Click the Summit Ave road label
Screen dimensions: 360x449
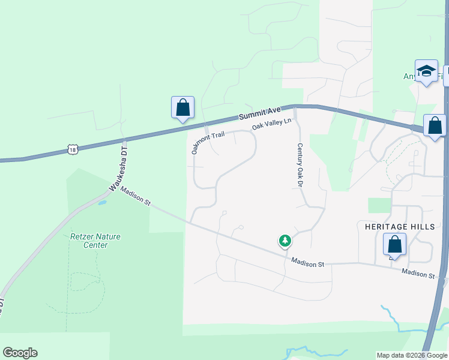click(x=259, y=112)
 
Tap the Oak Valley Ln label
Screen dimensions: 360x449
click(x=271, y=124)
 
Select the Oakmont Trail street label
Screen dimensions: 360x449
click(x=208, y=143)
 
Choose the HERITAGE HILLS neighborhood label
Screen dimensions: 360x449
click(x=399, y=227)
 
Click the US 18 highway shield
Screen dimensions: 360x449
click(x=73, y=149)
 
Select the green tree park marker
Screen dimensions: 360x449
click(x=285, y=241)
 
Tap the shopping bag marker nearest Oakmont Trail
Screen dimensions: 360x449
click(x=183, y=108)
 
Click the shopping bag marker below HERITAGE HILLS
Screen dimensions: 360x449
click(x=394, y=245)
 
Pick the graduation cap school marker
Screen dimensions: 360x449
click(x=426, y=71)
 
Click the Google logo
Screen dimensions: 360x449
click(x=20, y=353)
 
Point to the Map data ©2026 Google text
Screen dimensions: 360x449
click(x=412, y=355)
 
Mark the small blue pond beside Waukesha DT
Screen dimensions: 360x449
click(x=101, y=203)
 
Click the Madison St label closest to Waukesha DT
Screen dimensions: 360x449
click(x=135, y=196)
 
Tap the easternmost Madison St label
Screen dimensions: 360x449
click(x=418, y=274)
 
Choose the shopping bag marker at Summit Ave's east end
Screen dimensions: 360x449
click(x=435, y=126)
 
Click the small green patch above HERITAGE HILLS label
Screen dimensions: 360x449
click(x=379, y=205)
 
